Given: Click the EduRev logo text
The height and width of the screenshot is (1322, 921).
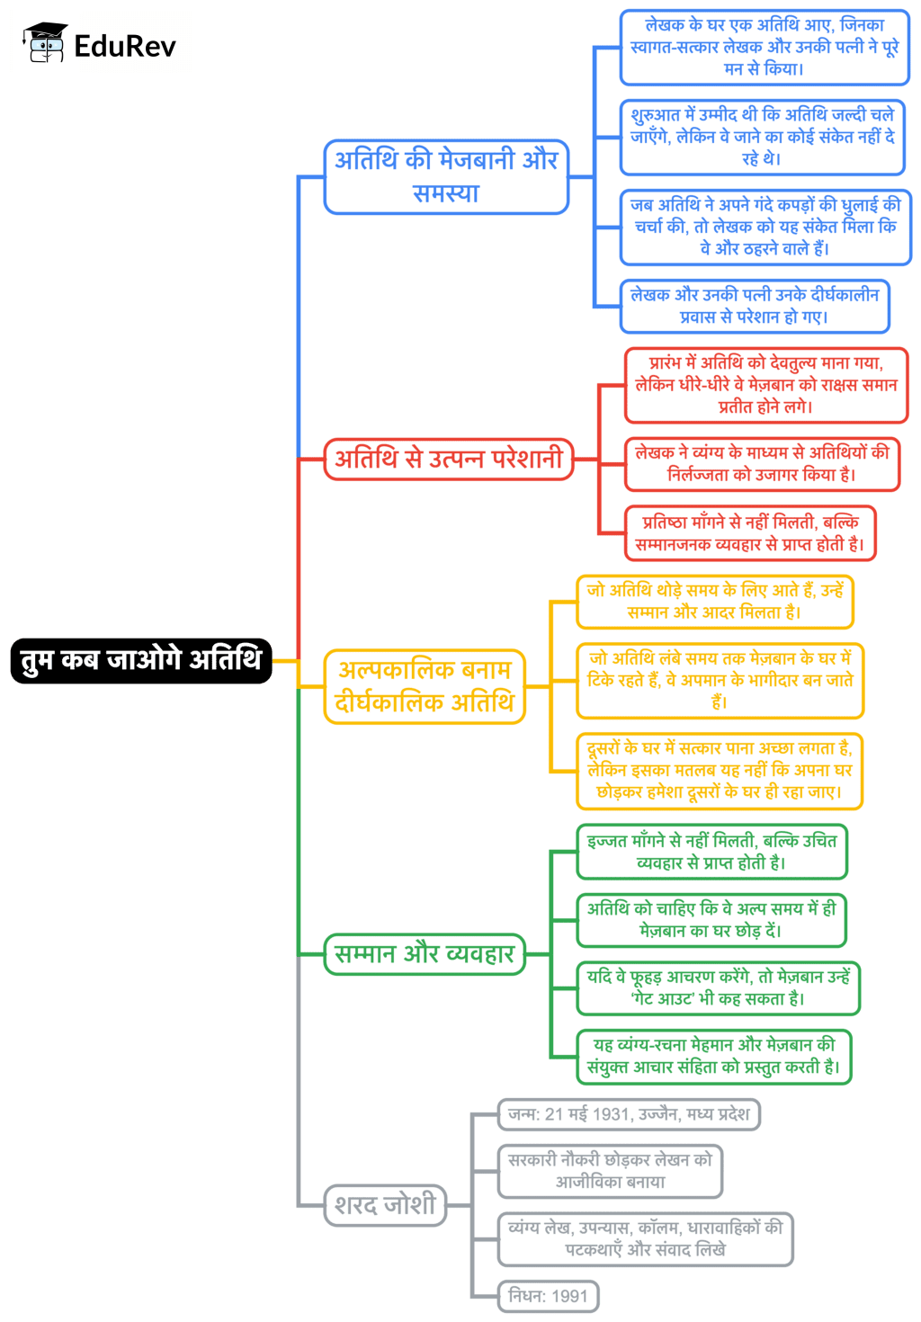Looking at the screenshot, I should click(x=125, y=46).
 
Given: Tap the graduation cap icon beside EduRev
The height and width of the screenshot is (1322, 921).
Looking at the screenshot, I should click(x=45, y=43).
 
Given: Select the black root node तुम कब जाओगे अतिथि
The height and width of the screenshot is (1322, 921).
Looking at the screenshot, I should click(x=141, y=660).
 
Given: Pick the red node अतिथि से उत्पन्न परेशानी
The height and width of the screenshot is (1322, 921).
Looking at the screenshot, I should click(x=449, y=459).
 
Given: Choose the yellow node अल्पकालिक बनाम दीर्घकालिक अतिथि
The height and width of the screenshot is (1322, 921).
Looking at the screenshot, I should click(x=425, y=686).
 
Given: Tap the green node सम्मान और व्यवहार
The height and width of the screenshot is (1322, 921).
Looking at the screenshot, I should click(x=424, y=954).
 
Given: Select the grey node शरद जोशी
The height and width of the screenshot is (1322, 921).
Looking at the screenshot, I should click(x=385, y=1204).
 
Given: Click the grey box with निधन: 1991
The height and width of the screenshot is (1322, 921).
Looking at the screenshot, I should click(x=548, y=1296).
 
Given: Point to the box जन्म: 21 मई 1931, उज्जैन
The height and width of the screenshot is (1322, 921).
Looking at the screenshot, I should click(x=628, y=1114).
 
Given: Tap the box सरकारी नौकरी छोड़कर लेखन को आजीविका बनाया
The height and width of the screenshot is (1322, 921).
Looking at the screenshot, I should click(x=610, y=1171).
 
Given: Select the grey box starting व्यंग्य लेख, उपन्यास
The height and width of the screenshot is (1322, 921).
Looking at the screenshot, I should click(x=645, y=1238).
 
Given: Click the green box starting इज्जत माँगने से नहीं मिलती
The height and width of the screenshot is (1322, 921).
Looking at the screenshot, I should click(x=711, y=852).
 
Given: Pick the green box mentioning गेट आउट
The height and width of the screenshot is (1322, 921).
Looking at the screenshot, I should click(x=718, y=987).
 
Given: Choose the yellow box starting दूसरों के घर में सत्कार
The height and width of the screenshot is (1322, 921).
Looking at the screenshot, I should click(x=719, y=771).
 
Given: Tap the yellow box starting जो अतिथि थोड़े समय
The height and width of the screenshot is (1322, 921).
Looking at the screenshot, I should click(x=714, y=601).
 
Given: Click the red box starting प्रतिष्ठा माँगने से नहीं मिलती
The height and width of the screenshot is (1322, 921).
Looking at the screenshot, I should click(x=749, y=533).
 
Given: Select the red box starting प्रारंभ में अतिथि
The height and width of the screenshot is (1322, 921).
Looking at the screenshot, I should click(x=766, y=385).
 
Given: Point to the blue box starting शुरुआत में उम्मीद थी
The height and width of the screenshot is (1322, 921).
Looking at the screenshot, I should click(x=762, y=137).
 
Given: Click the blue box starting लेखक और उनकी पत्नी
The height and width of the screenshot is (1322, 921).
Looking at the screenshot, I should click(x=754, y=306).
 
